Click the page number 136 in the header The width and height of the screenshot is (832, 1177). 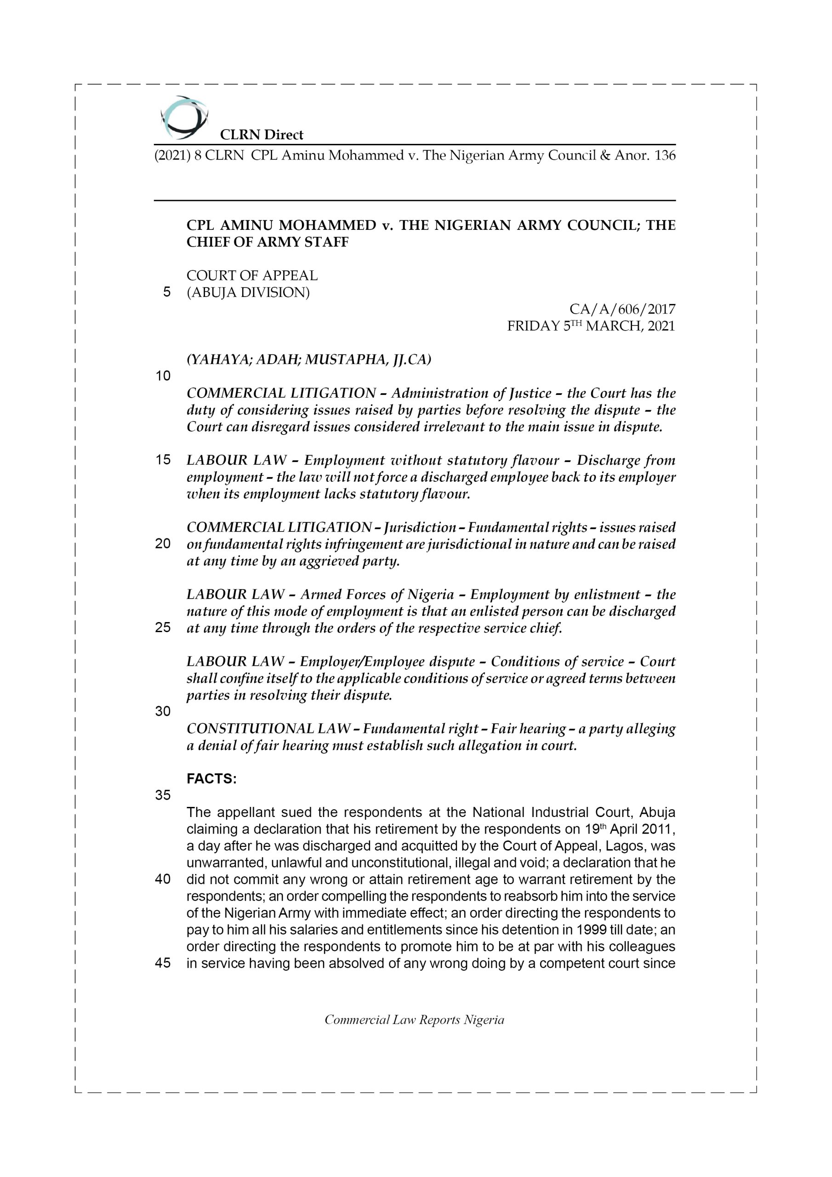664,155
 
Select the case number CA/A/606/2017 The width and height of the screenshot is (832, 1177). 622,309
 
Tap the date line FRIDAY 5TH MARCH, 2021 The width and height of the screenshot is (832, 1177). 591,326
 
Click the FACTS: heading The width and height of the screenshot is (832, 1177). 211,779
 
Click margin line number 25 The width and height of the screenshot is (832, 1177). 163,628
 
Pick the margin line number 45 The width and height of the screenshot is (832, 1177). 163,963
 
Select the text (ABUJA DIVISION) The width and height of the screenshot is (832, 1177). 248,293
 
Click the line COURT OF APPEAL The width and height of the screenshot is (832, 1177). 252,276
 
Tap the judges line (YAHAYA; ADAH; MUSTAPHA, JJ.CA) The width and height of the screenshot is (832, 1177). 308,360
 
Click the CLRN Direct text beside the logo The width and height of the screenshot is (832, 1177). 262,135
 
